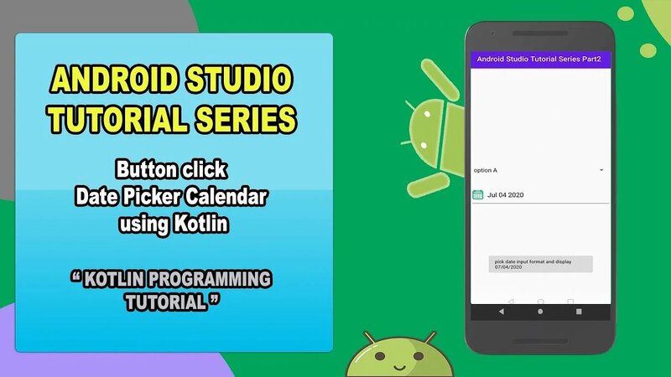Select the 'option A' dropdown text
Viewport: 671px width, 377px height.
486,170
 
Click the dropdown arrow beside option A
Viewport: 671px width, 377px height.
601,170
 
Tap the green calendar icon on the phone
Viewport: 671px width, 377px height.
478,194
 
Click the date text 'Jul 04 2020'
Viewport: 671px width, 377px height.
506,194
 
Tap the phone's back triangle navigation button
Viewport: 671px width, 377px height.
502,312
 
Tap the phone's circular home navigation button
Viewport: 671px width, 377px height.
539,312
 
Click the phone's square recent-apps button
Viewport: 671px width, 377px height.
578,312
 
